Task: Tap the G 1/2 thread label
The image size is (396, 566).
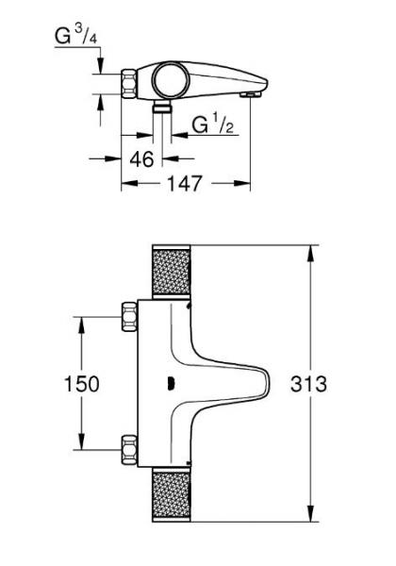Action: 213,125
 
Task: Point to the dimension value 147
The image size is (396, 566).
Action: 185,184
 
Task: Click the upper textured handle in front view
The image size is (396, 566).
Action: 173,274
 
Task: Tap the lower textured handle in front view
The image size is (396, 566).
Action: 173,494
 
